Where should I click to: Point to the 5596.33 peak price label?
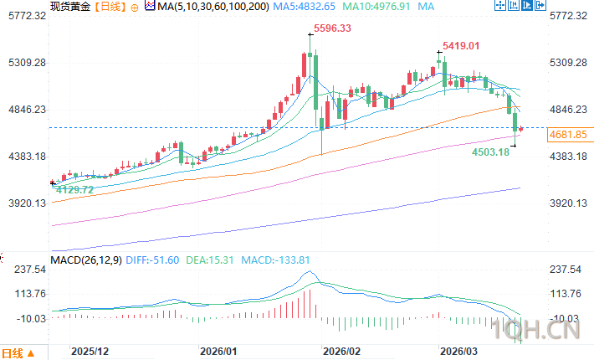point(331,29)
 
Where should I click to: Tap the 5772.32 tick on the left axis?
point(23,16)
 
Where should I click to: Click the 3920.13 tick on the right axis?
point(569,203)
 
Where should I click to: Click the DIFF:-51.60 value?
point(156,259)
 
